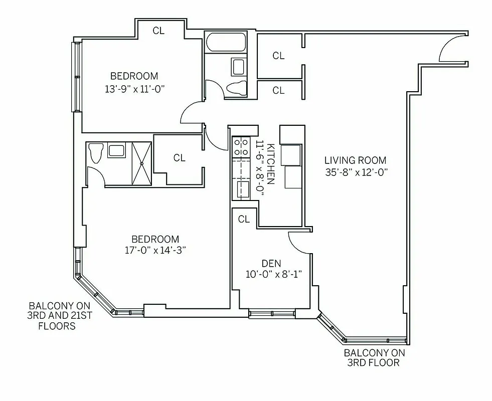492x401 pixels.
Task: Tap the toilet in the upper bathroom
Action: click(236, 88)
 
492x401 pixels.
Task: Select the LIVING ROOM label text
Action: click(355, 160)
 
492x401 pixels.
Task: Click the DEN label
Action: click(271, 263)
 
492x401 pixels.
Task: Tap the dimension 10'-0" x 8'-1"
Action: click(271, 274)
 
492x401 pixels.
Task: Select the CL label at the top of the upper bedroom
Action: click(158, 31)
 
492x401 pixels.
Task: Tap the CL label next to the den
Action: click(244, 219)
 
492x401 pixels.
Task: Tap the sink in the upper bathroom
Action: click(237, 67)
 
